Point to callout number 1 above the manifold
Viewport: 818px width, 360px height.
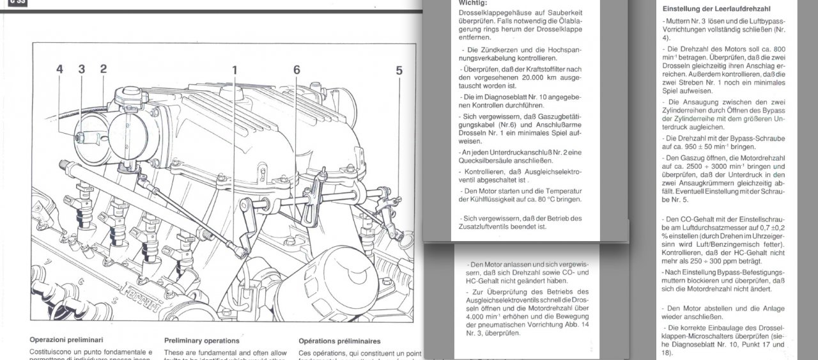pyautogui.click(x=235, y=70)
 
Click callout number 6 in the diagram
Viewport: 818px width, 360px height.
pyautogui.click(x=297, y=70)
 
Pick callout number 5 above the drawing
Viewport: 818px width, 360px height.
pyautogui.click(x=399, y=70)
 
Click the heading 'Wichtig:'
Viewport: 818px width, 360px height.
pyautogui.click(x=472, y=3)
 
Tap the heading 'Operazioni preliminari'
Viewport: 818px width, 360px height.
pyautogui.click(x=66, y=340)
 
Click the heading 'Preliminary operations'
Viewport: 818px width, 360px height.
pyautogui.click(x=201, y=341)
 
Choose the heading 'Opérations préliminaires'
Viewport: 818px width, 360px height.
pyautogui.click(x=339, y=341)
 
